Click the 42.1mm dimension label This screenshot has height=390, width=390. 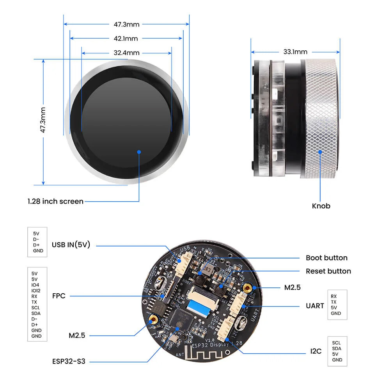click(x=126, y=38)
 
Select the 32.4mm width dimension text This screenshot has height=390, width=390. click(x=126, y=53)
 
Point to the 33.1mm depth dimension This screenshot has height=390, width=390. click(x=295, y=51)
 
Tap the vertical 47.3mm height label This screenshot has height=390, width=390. click(x=43, y=121)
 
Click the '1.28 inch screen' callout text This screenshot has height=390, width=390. click(x=55, y=201)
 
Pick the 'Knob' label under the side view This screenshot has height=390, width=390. click(x=321, y=206)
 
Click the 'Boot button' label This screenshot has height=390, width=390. click(x=326, y=258)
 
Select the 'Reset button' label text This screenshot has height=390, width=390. click(x=328, y=271)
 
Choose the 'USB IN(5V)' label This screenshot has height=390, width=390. click(x=71, y=245)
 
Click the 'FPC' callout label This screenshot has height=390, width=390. click(x=58, y=296)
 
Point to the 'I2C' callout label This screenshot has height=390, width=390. click(x=316, y=351)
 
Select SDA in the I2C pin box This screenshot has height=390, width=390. click(x=337, y=348)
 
